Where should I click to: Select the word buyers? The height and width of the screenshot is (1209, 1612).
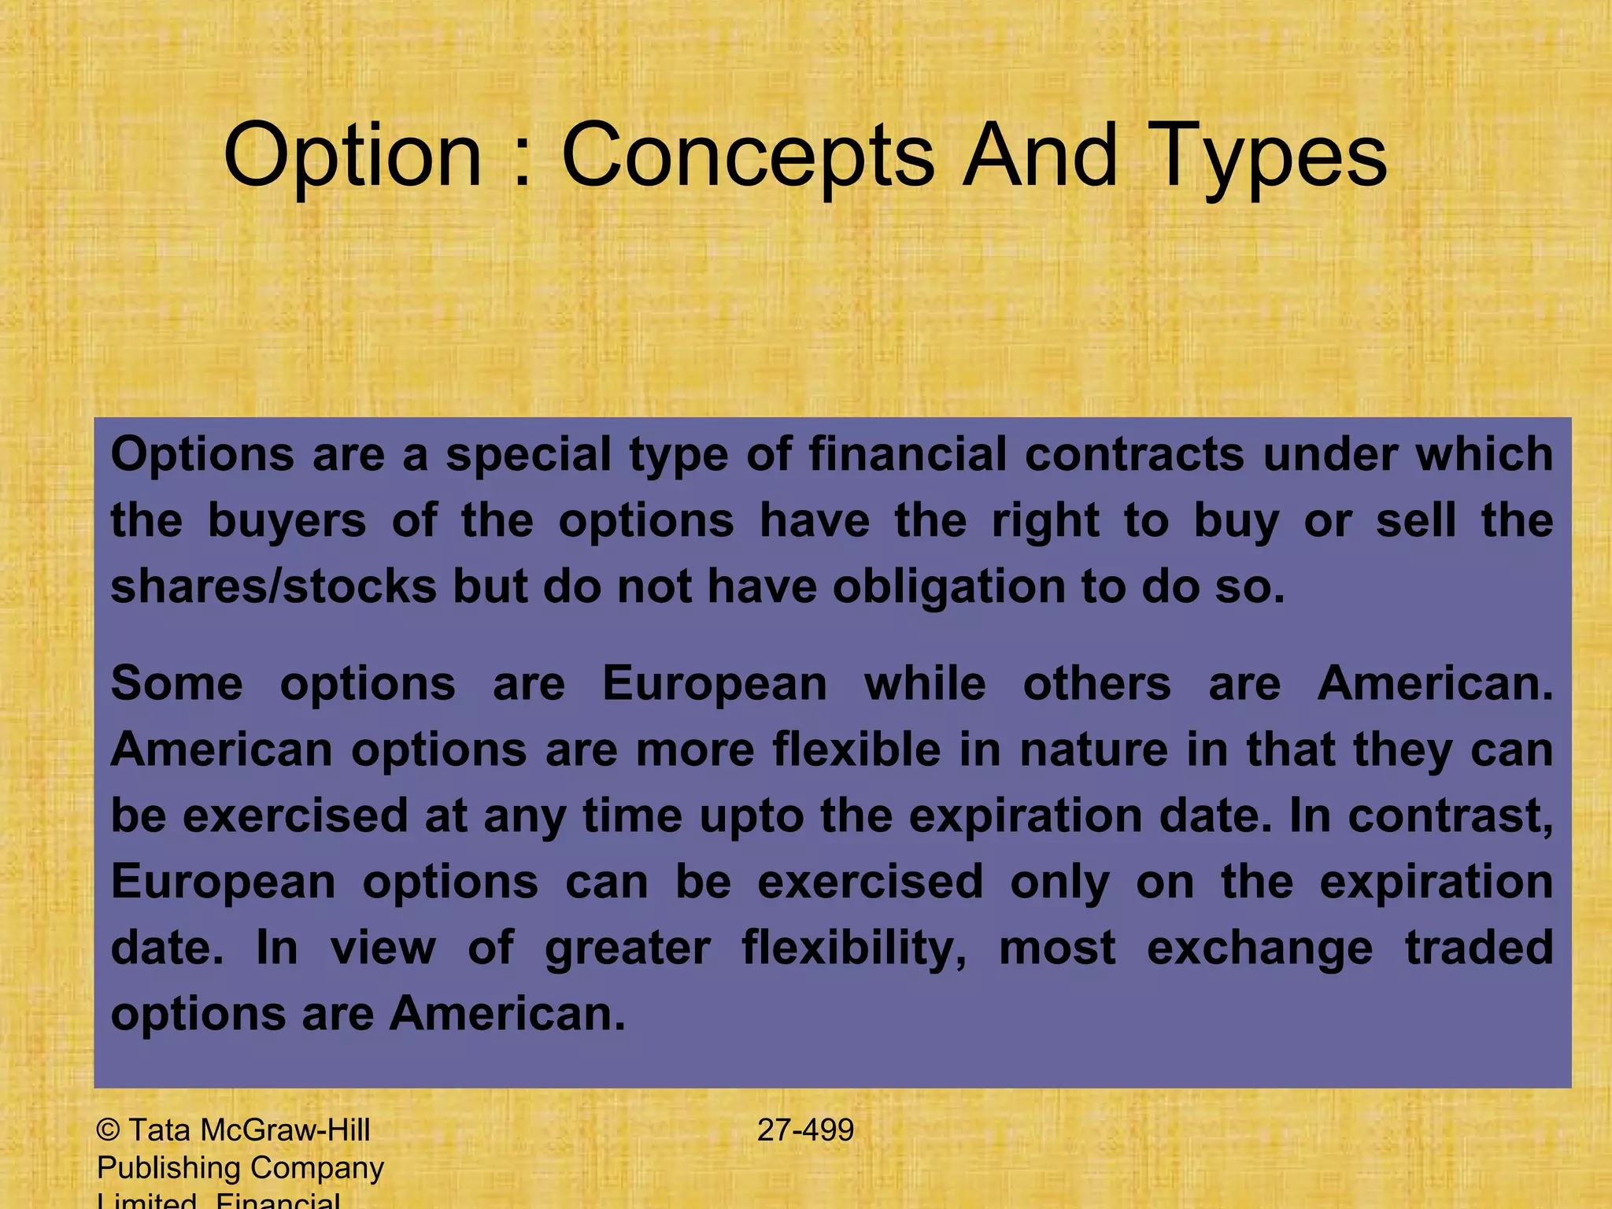click(287, 521)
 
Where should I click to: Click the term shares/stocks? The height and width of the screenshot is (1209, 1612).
click(273, 587)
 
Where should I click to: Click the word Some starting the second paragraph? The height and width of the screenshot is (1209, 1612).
click(176, 683)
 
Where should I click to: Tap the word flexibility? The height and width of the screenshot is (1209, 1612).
click(854, 948)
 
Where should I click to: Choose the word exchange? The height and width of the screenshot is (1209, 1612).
click(1259, 948)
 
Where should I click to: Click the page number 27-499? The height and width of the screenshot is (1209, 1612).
click(805, 1130)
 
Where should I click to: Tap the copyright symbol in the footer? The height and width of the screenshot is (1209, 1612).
click(108, 1130)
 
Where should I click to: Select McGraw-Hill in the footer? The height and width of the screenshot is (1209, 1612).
click(285, 1130)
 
